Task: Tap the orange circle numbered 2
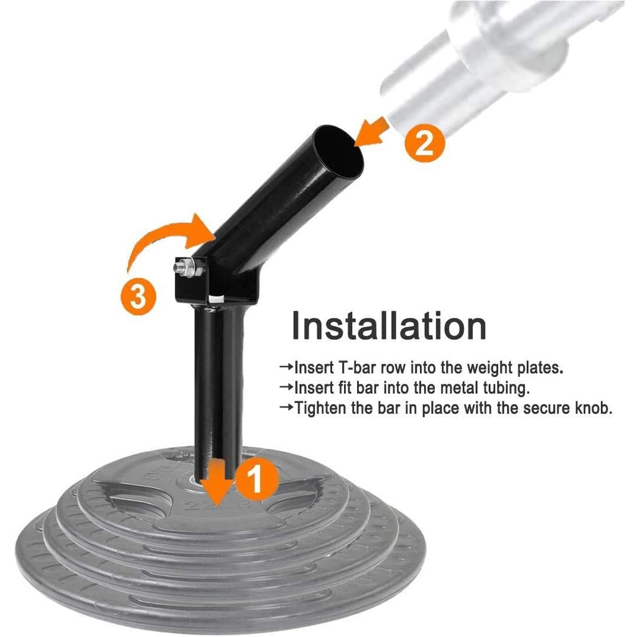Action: (x=425, y=142)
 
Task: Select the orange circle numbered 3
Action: (x=138, y=295)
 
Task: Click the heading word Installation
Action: (x=389, y=326)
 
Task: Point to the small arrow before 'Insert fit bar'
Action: (x=286, y=387)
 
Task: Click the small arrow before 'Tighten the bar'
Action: (x=286, y=407)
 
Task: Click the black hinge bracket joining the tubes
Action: (x=216, y=284)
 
